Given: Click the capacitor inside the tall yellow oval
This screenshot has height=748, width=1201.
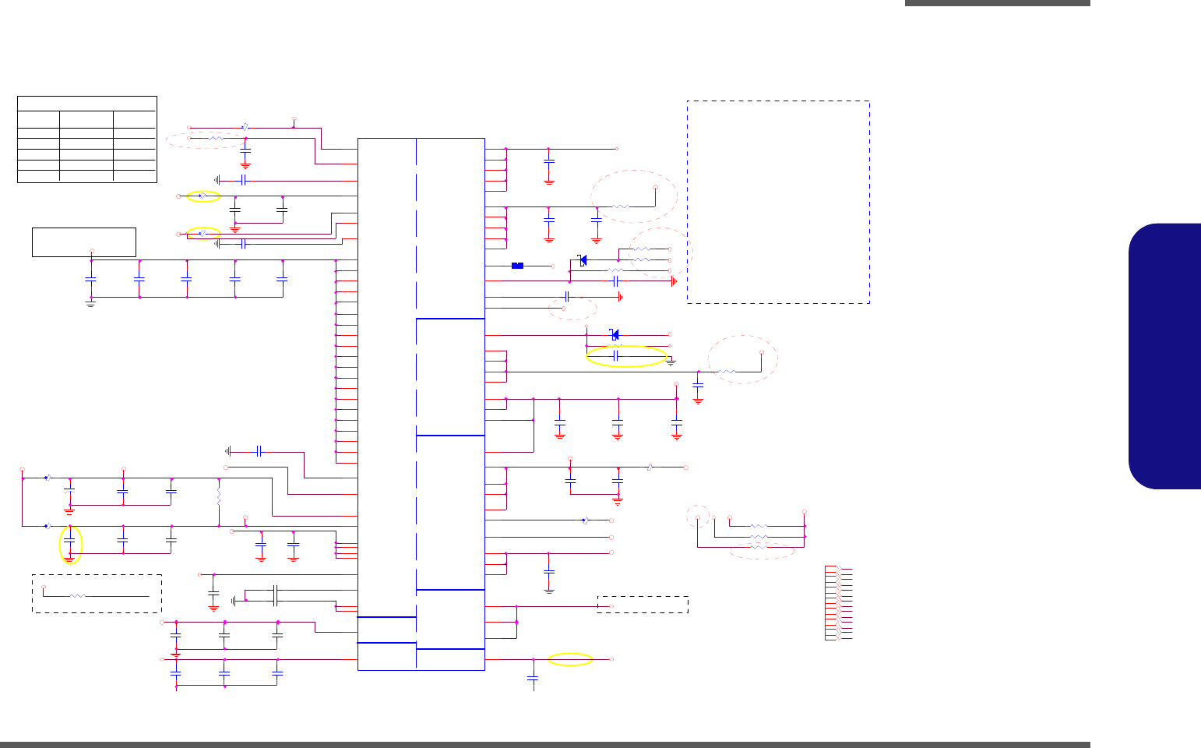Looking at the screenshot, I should point(69,539).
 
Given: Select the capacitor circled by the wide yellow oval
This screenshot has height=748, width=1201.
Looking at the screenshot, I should point(616,355).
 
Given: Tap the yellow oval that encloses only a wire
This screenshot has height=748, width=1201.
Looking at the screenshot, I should point(570,660).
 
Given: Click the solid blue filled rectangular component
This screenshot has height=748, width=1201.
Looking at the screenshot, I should point(517,266).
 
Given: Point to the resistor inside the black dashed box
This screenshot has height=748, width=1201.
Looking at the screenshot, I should point(77,596).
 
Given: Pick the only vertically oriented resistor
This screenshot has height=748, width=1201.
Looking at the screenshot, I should point(219,495).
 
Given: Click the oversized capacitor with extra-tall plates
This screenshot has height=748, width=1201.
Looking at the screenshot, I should point(275,595).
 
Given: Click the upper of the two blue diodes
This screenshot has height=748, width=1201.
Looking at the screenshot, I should point(582,259).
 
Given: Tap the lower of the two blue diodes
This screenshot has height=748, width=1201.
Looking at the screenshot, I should point(615,335).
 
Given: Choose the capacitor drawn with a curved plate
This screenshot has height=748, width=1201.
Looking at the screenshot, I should point(69,491).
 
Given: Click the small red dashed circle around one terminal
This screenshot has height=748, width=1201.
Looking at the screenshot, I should point(697,517).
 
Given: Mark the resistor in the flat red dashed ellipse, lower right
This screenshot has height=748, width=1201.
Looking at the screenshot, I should point(759,549).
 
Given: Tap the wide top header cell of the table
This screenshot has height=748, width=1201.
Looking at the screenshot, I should point(87,104).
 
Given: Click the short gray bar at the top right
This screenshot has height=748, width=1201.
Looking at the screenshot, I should point(997,3).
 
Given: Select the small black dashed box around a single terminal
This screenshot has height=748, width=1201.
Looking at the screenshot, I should point(643,605).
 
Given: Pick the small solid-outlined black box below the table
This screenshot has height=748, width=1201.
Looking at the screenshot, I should point(84,242).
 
